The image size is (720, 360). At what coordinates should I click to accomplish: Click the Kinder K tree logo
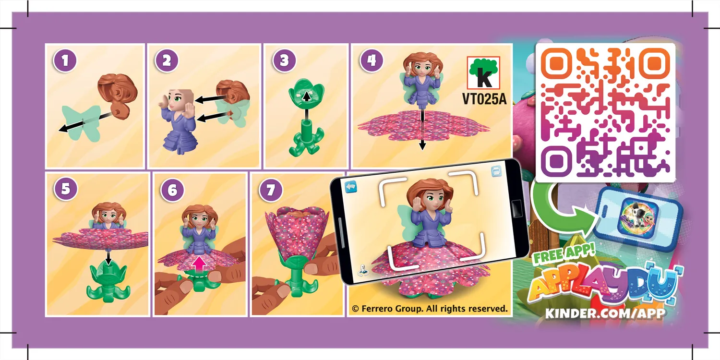pos(483,72)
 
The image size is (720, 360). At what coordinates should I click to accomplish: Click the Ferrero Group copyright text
pos(429,309)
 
